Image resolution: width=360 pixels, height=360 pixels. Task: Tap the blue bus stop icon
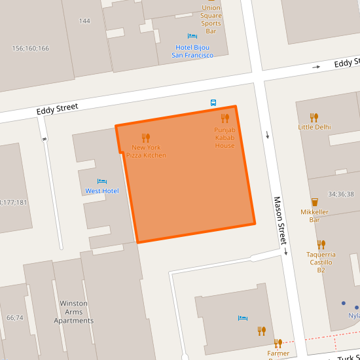pos(213,103)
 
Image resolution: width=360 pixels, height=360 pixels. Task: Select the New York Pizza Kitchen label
pos(146,151)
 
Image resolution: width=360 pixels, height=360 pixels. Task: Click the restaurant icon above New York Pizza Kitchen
pos(146,138)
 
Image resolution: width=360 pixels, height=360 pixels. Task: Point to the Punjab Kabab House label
pos(225,137)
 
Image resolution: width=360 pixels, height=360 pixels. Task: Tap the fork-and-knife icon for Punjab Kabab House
pos(225,118)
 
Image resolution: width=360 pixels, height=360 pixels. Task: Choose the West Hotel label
pos(102,191)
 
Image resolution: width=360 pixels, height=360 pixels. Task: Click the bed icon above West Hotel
pos(101,181)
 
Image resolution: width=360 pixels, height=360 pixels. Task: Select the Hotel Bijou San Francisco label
pos(192,51)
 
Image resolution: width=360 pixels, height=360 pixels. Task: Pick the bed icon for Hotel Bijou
pos(192,37)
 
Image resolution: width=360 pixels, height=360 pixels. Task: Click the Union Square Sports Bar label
pos(211,19)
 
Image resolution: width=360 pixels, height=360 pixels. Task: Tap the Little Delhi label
pos(314,127)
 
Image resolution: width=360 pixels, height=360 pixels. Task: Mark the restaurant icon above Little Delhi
pos(314,117)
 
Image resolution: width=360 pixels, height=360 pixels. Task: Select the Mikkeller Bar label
pos(315,216)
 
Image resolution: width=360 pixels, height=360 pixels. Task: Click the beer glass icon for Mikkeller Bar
pos(315,202)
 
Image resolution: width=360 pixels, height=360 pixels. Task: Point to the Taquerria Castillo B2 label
pos(321,262)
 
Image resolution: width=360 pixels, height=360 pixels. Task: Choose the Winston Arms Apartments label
pos(77,312)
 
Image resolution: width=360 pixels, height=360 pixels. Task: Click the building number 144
pos(84,21)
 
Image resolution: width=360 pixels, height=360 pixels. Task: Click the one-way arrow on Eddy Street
pos(316,67)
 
